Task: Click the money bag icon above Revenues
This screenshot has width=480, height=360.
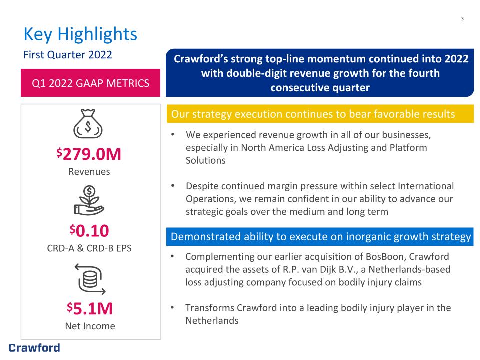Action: tap(88, 124)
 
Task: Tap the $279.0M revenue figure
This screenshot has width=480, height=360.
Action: tap(89, 154)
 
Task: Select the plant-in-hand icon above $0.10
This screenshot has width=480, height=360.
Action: tap(89, 200)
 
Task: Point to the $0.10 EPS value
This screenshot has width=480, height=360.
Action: tap(89, 231)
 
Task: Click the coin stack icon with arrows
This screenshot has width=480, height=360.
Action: tap(90, 279)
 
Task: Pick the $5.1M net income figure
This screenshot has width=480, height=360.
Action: tap(90, 308)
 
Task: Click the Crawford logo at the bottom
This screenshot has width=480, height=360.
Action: tap(34, 348)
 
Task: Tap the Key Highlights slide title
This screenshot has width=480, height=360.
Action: tap(80, 34)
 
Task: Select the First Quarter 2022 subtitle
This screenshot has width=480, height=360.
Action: tap(68, 55)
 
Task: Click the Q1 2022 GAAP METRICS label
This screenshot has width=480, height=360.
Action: tap(90, 83)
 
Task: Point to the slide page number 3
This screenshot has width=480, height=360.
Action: tap(462, 19)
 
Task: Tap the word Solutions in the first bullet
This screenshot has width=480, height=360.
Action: tap(205, 160)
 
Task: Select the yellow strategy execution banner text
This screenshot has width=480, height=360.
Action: tap(313, 114)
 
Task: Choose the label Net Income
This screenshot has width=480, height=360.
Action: tap(90, 326)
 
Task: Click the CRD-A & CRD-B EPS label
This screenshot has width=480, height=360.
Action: tap(89, 248)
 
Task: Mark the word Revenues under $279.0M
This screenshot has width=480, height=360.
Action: tap(89, 171)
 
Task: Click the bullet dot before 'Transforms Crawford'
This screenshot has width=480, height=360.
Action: tap(172, 307)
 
